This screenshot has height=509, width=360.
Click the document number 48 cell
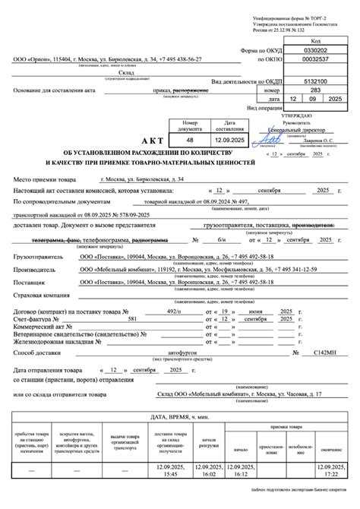(191, 141)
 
